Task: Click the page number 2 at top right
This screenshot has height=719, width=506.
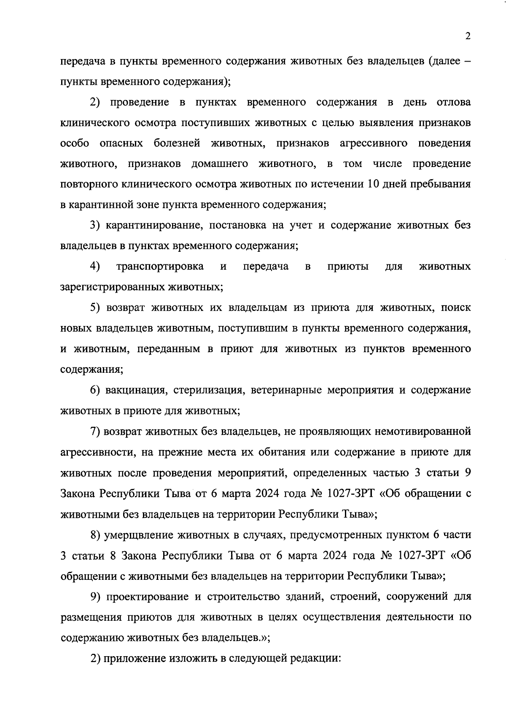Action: tap(468, 36)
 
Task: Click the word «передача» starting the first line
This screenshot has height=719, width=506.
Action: tap(85, 62)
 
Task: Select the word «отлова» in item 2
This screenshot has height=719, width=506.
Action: tap(454, 102)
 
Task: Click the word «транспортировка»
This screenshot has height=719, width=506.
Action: tap(160, 267)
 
